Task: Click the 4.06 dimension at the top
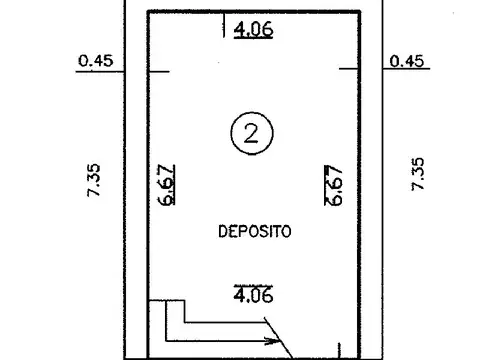253,29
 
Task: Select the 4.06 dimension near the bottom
253,295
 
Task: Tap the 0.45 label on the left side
95,60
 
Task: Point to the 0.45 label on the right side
408,60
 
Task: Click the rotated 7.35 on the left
92,176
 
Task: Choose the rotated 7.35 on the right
417,176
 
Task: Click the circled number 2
248,133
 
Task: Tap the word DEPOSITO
254,231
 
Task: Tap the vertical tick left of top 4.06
222,28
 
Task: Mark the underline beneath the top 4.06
253,38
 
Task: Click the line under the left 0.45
97,69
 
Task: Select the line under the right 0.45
406,69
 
